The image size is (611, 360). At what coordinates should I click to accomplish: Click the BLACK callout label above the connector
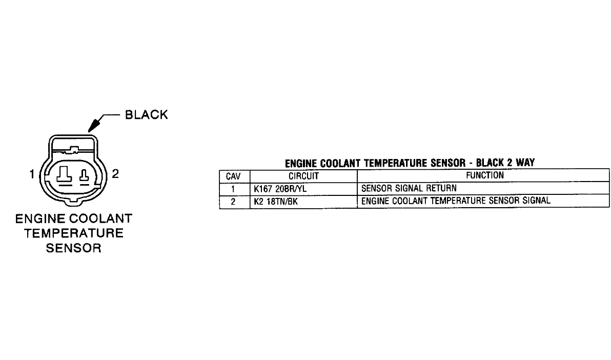tap(147, 115)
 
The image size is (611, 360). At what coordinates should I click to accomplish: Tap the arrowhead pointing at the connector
tap(94, 125)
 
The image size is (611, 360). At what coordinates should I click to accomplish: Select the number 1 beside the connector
tap(32, 174)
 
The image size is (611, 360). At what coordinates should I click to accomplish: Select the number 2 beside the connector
tap(115, 174)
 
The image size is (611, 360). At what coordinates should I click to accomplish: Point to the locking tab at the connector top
tap(73, 150)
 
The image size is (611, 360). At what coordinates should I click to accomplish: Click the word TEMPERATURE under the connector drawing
tap(74, 233)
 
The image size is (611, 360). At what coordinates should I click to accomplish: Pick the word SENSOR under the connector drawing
tap(74, 249)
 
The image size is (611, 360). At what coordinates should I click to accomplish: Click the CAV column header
tap(234, 175)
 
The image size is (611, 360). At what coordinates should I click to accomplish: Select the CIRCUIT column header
tap(304, 175)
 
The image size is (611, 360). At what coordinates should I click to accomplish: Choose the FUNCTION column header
tap(484, 175)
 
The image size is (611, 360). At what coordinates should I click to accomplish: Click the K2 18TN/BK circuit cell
tap(276, 201)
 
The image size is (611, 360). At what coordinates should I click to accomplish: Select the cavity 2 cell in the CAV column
tap(234, 201)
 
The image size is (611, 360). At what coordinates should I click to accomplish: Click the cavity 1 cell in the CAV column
tap(234, 188)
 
